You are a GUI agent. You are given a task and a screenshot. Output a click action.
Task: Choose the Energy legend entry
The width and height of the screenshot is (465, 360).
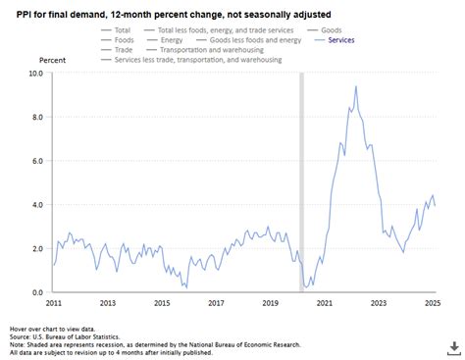tap(182, 40)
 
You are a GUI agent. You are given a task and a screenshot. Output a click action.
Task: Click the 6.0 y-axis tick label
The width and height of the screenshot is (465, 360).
tap(35, 161)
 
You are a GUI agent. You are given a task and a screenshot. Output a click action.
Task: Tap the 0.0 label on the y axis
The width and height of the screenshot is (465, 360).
tap(35, 292)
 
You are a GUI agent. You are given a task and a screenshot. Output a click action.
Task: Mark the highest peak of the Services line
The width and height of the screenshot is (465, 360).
tap(355, 86)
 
